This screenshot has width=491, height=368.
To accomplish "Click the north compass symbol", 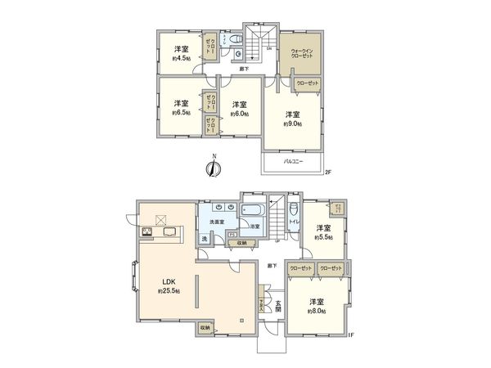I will [x=212, y=168].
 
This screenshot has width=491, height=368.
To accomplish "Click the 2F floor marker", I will [x=327, y=172].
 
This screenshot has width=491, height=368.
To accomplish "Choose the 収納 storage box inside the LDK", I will [x=204, y=328].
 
